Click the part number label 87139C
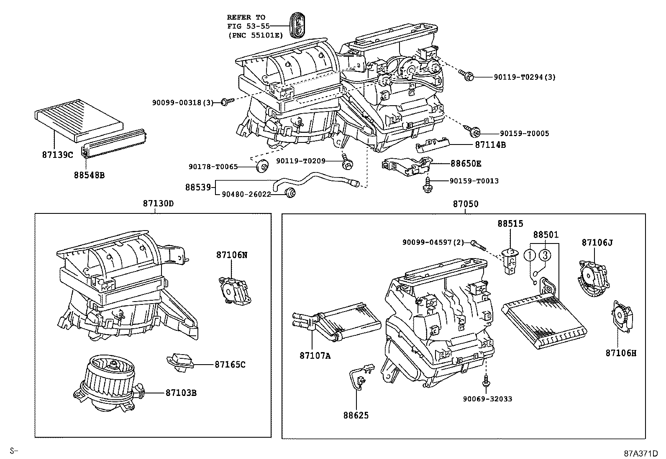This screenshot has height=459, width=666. click(x=57, y=154)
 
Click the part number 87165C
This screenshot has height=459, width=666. click(x=230, y=364)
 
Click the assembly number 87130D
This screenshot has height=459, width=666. click(x=158, y=204)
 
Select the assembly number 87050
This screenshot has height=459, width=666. click(x=465, y=204)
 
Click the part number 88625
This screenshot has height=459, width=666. click(x=356, y=415)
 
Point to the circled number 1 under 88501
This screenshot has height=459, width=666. click(x=530, y=254)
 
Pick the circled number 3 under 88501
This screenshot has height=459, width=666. click(x=545, y=254)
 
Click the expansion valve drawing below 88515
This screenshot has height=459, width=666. click(x=510, y=262)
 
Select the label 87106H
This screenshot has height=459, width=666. click(x=621, y=353)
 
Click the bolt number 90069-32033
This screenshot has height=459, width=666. click(x=487, y=398)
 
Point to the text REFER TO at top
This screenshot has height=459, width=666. click(x=246, y=17)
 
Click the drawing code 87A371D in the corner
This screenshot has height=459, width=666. click(x=641, y=453)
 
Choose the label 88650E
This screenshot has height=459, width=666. click(x=466, y=163)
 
